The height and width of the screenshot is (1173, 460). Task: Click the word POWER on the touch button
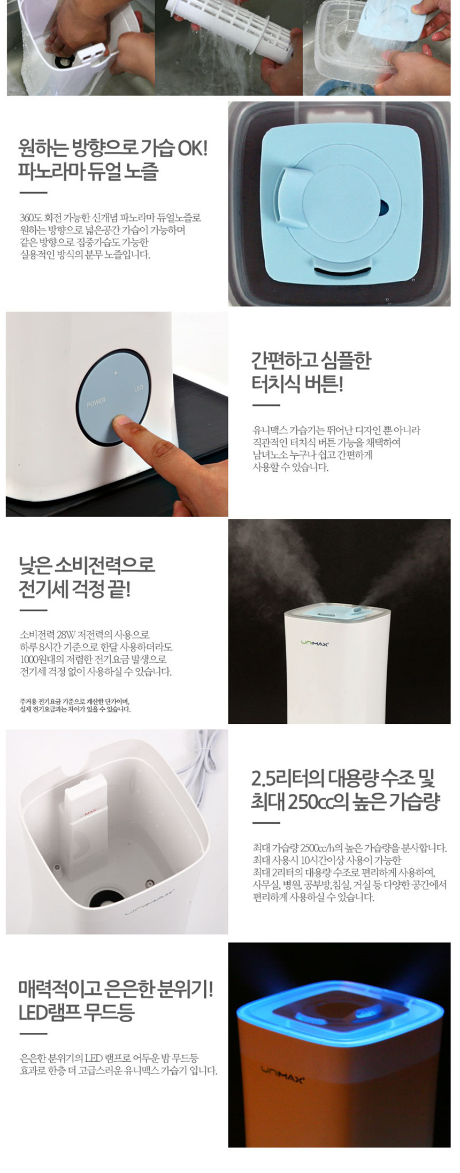pyautogui.click(x=96, y=402)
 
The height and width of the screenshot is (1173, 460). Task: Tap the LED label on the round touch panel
pyautogui.click(x=139, y=387)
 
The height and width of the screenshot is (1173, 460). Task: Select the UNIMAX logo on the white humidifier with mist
pyautogui.click(x=314, y=644)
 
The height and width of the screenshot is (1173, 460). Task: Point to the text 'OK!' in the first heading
pyautogui.click(x=191, y=148)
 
